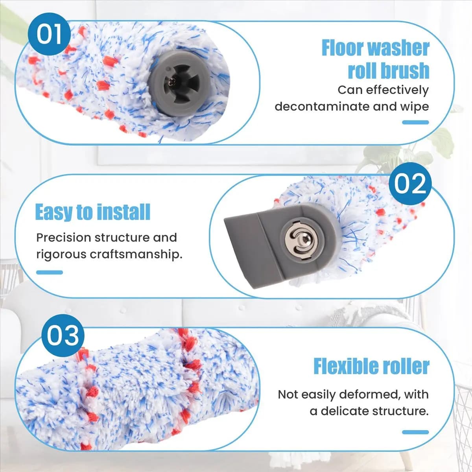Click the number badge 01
coord(49,34)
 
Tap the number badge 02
coord(410,183)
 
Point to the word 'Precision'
coord(64,238)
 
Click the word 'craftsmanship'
coord(136,254)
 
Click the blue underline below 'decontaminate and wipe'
coord(415,122)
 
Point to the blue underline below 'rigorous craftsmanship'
coord(50,272)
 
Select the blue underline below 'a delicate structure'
coord(415,432)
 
